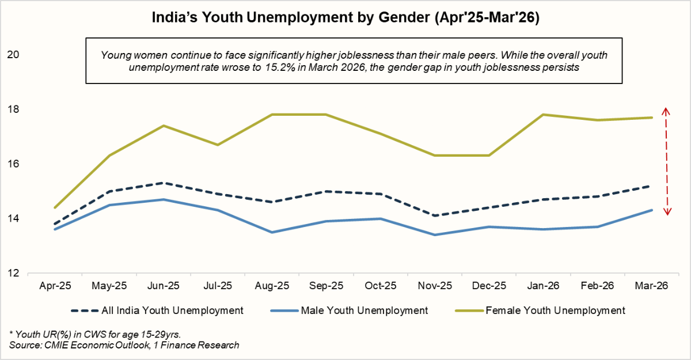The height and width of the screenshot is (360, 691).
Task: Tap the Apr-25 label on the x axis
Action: (x=55, y=285)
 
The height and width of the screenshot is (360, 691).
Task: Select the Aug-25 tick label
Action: (x=272, y=285)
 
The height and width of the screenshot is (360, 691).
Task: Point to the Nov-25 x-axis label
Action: (x=435, y=285)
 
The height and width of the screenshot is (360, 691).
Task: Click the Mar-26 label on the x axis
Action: (x=651, y=285)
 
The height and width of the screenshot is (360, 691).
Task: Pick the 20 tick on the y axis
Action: (x=13, y=55)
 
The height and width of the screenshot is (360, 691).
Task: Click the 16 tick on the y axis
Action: (x=13, y=164)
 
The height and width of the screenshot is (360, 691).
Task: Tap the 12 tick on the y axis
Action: (x=13, y=273)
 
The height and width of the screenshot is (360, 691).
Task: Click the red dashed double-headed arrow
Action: (x=666, y=161)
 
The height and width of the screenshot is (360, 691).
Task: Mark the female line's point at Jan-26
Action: (x=543, y=115)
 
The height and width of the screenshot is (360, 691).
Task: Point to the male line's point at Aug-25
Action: (x=272, y=232)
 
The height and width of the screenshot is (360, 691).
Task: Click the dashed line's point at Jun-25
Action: (x=164, y=183)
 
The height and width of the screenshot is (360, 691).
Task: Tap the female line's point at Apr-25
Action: (x=55, y=207)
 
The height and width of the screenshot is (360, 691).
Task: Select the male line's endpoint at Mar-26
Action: (x=651, y=210)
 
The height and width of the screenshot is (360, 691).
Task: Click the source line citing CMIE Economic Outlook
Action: (x=124, y=345)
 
